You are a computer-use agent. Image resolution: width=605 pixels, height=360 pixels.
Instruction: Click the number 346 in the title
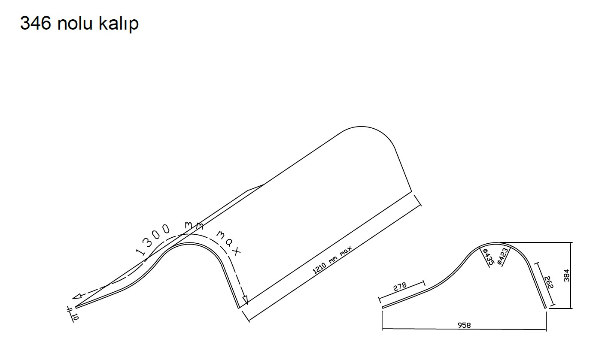point(36,23)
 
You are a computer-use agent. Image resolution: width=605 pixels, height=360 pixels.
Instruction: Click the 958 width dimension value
point(464,325)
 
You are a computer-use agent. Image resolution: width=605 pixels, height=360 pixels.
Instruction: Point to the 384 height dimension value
point(566,275)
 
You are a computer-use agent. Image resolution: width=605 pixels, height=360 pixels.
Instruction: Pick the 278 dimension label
point(400,287)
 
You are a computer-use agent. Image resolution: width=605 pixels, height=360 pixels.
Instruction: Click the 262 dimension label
point(550,282)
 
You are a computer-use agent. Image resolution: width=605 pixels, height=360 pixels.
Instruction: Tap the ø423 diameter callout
point(503,256)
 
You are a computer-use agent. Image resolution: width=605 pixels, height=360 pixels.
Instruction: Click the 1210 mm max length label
point(332,260)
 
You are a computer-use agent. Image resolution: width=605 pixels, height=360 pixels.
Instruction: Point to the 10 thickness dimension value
point(75,317)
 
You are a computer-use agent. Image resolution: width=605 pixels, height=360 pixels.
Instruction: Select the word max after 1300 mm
point(228,242)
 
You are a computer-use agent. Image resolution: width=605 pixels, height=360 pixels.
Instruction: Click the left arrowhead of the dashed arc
point(77,296)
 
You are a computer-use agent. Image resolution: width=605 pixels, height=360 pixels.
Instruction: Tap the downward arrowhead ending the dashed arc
point(245,300)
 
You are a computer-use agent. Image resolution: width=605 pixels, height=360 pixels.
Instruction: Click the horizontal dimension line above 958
point(464,329)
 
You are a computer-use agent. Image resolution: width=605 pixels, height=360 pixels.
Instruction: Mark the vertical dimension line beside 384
point(571,275)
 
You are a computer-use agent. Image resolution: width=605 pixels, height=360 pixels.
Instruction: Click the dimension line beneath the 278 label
point(401,291)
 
